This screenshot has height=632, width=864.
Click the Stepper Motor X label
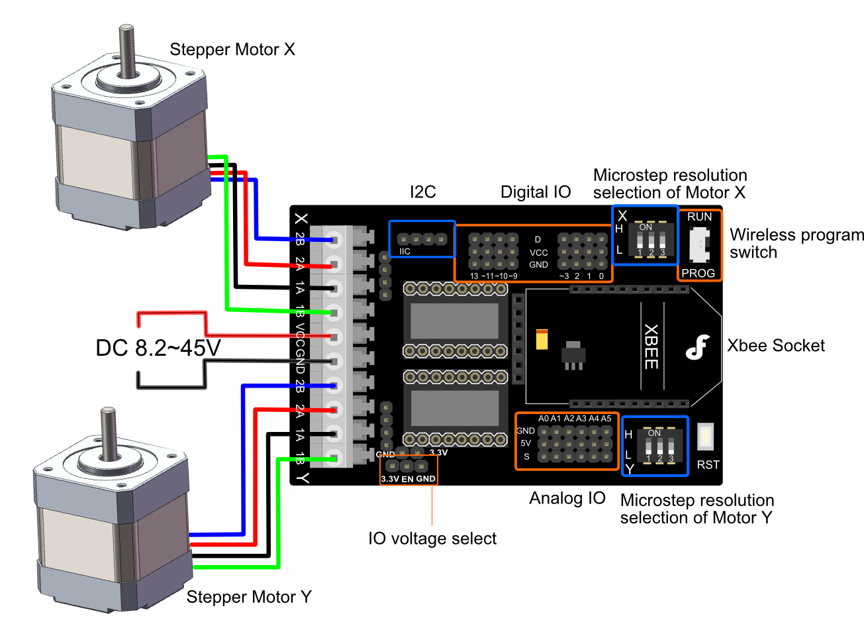coord(232,50)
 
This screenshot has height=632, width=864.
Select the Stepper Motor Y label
coord(248,597)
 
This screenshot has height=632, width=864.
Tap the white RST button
coord(706,437)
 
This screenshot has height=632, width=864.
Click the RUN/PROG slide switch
coord(698,244)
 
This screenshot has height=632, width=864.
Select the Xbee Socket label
coord(775,345)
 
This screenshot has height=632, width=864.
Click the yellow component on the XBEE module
coord(542,339)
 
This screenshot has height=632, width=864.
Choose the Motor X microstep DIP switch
coord(651,240)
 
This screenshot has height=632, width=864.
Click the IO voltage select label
coord(432,539)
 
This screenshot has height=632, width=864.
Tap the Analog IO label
coord(567,498)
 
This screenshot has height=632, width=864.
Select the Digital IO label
coord(535,192)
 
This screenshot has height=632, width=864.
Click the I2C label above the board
coord(423,192)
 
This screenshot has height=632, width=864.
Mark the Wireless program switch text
coord(796,244)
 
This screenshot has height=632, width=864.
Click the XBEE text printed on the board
coord(651,346)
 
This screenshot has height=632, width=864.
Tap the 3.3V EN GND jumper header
coord(407,466)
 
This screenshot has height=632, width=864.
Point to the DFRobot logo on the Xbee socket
coord(697,346)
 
